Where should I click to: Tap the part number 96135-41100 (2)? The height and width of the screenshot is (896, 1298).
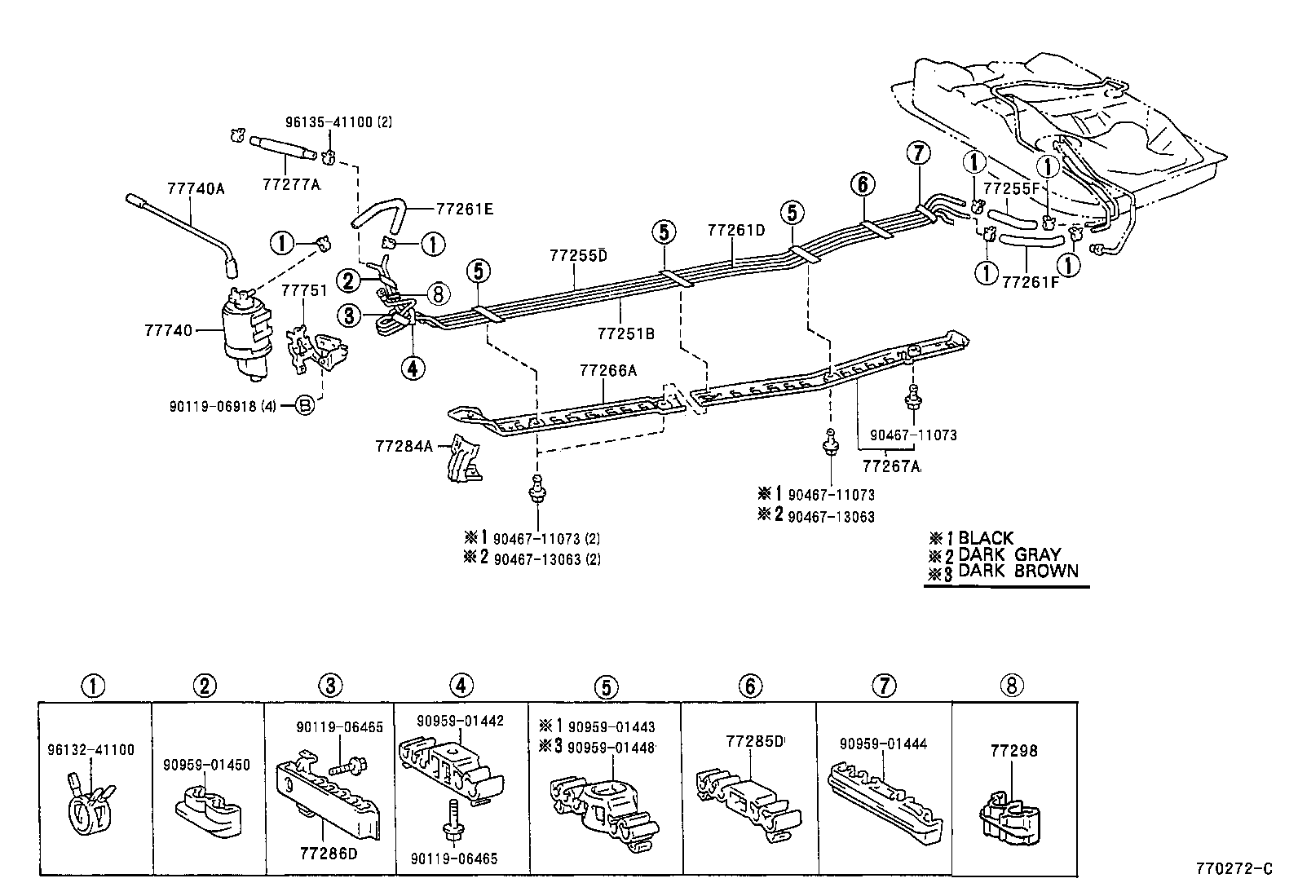click(338, 122)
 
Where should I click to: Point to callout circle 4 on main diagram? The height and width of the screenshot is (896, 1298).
click(413, 369)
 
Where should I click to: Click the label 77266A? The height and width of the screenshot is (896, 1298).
click(607, 370)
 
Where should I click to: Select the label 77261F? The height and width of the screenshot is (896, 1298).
click(1031, 282)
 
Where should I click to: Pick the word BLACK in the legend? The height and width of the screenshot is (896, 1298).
click(986, 538)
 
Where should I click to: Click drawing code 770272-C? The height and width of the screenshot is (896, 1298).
click(1234, 869)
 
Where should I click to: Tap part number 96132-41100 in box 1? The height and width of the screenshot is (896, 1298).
click(91, 750)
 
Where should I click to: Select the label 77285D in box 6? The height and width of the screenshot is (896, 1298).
click(754, 741)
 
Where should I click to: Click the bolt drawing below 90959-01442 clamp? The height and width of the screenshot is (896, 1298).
click(451, 823)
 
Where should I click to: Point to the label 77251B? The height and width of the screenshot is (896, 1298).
click(625, 333)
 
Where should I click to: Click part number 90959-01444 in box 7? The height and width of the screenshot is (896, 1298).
click(883, 744)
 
